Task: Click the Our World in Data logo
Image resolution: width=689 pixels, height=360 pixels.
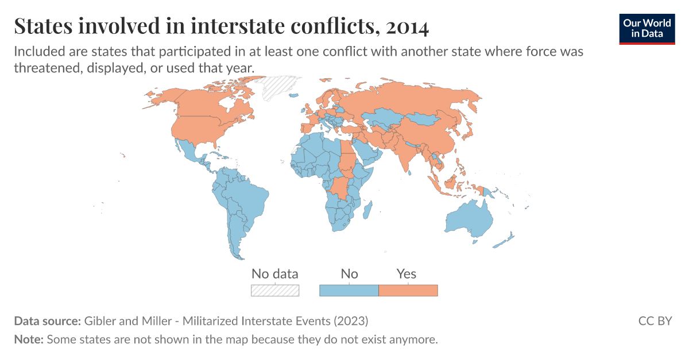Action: pos(647,28)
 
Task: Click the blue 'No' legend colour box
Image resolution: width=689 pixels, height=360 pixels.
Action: pos(349,290)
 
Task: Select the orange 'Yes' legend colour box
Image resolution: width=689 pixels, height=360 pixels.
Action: pos(408,290)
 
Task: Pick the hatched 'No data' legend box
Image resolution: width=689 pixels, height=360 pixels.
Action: pos(275,290)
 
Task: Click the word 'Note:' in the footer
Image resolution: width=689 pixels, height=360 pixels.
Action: pos(29,339)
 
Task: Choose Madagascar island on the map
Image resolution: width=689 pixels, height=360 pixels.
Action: pos(367,207)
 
